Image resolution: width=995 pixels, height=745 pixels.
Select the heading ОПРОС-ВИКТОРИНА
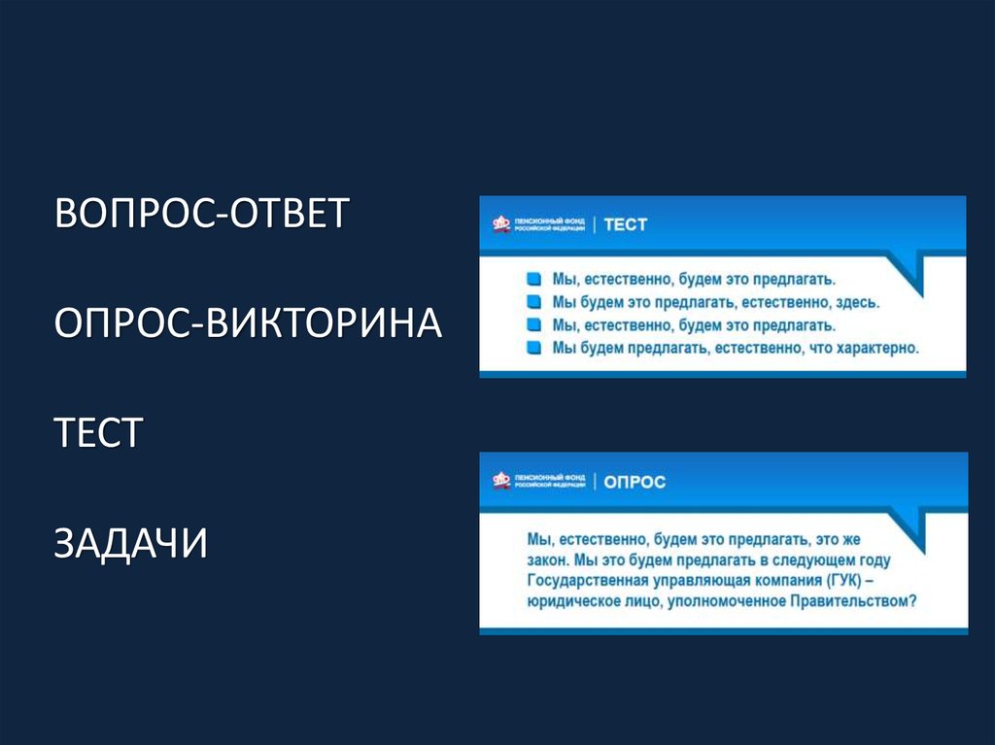click(x=248, y=322)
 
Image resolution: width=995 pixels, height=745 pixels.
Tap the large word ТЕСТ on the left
click(x=99, y=432)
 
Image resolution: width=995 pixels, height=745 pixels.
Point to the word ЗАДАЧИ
click(x=131, y=542)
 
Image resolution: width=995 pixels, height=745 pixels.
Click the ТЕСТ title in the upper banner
click(x=625, y=224)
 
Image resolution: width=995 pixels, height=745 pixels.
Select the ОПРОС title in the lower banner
click(x=635, y=481)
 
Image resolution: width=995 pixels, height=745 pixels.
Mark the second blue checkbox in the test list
click(x=532, y=302)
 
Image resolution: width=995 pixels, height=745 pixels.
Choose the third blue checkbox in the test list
click(x=532, y=324)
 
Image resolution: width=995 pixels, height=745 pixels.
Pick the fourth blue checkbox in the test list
click(x=532, y=347)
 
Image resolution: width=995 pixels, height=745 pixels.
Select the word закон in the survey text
click(x=547, y=559)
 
